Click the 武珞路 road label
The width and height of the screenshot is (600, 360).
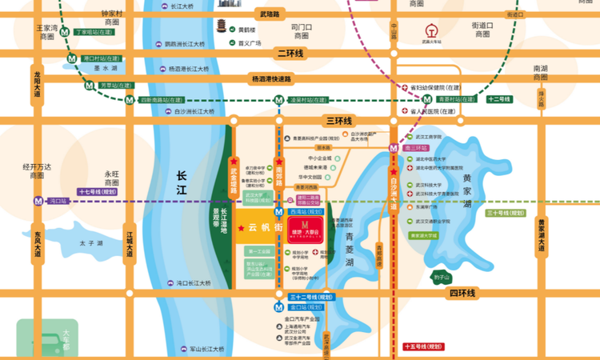point(270,14)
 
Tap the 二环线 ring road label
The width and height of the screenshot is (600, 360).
point(289,54)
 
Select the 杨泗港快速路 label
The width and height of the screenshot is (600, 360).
point(272,79)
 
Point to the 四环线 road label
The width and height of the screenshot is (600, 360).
point(462,294)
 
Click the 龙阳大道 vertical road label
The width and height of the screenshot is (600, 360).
point(37,84)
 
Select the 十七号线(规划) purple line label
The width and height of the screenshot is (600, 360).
point(98,192)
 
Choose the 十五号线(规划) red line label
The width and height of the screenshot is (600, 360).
point(423,347)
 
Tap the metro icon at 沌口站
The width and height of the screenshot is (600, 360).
point(38,202)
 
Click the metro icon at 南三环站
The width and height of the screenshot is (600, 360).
point(394,148)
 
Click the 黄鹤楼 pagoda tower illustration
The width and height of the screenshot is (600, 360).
point(221,29)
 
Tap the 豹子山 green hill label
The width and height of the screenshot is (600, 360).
point(442,278)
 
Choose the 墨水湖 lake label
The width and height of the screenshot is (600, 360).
point(106,70)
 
